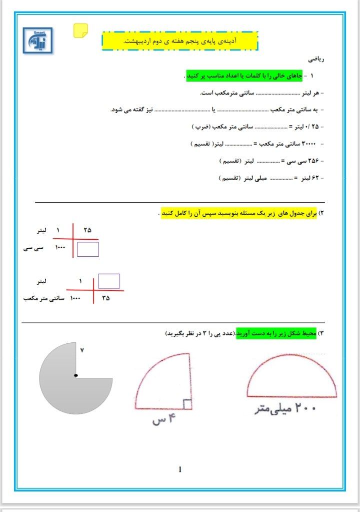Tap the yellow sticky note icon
pos(80,31)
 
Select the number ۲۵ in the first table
pos(87,230)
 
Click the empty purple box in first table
pos(88,249)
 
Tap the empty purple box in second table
pos(108,281)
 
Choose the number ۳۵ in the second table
pos(105,298)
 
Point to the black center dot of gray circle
pos(75,375)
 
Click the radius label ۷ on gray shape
pos(81,350)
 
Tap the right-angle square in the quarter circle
pos(187,404)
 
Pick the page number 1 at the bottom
pos(179,469)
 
